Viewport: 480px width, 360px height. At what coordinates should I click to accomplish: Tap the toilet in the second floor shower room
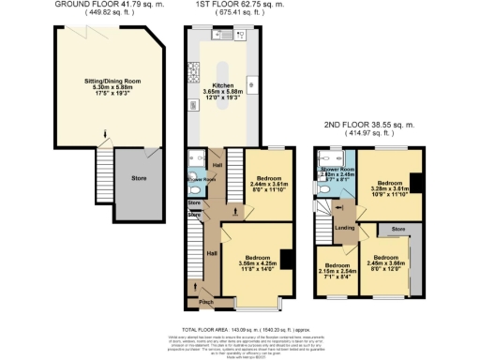coord(322,186)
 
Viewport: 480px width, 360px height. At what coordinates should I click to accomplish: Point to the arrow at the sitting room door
coord(105,142)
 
